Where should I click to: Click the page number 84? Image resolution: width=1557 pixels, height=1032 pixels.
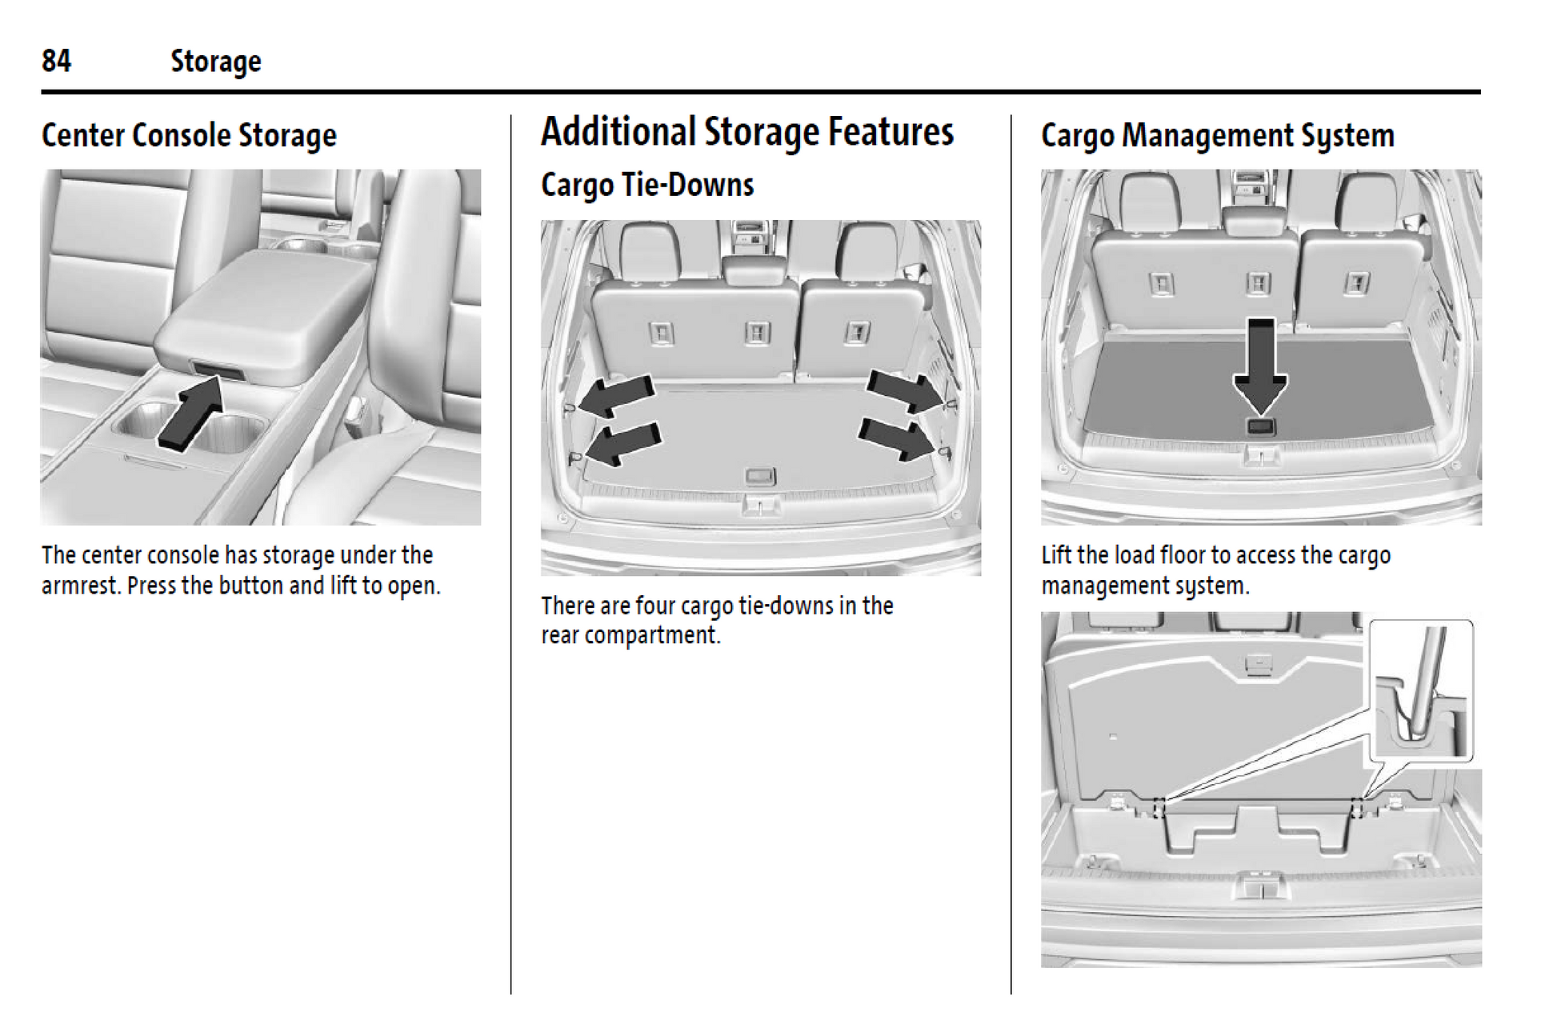[56, 61]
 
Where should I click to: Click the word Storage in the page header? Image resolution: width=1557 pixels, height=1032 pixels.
[215, 62]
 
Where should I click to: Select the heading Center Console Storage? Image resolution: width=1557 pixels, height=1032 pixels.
[189, 135]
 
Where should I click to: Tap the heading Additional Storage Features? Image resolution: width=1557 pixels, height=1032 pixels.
[746, 132]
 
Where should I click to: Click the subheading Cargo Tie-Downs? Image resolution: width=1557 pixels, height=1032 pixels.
[646, 185]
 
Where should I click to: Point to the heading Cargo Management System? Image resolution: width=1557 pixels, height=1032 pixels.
[1217, 135]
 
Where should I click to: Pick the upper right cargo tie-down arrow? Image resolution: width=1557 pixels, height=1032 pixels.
[904, 391]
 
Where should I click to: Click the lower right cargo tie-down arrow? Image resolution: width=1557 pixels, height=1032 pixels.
[896, 438]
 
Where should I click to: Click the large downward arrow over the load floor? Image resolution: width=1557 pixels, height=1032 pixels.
[1260, 365]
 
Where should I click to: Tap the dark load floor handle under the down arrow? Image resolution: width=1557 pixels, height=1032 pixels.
[1261, 426]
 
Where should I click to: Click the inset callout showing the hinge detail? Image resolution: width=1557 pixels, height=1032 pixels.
[1420, 690]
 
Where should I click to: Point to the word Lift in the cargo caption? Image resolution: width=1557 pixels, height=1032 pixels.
[1057, 555]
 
